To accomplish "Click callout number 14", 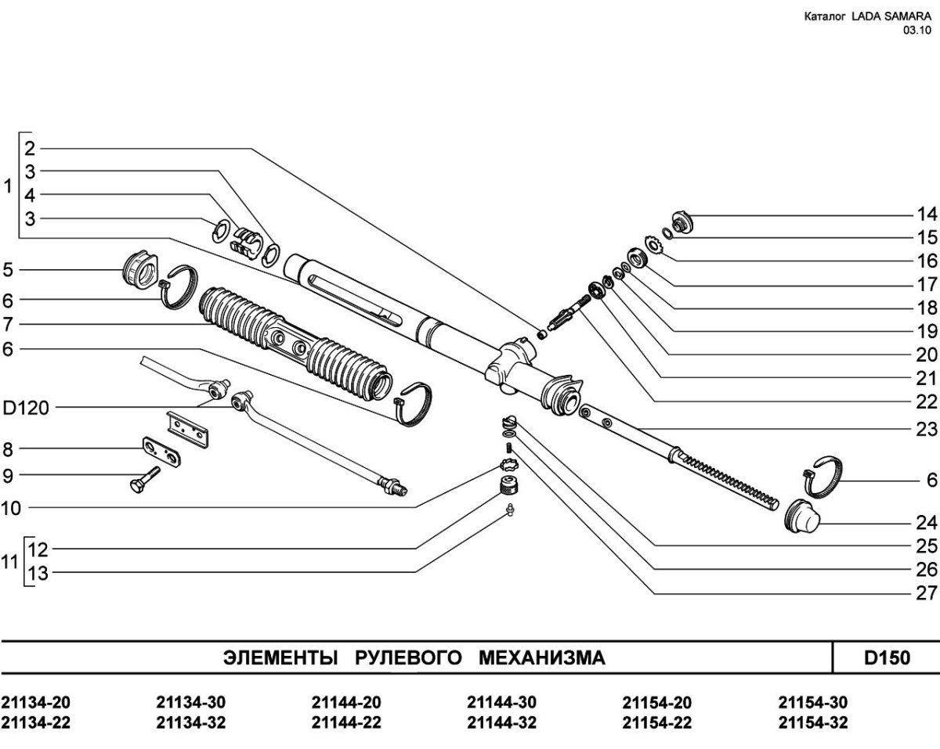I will coord(927,214).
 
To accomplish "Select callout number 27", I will coord(927,571).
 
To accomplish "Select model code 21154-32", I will coord(813,722).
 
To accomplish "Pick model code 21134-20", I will coord(36,702).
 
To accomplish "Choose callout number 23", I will coord(927,429).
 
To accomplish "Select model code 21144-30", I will coord(501,702).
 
